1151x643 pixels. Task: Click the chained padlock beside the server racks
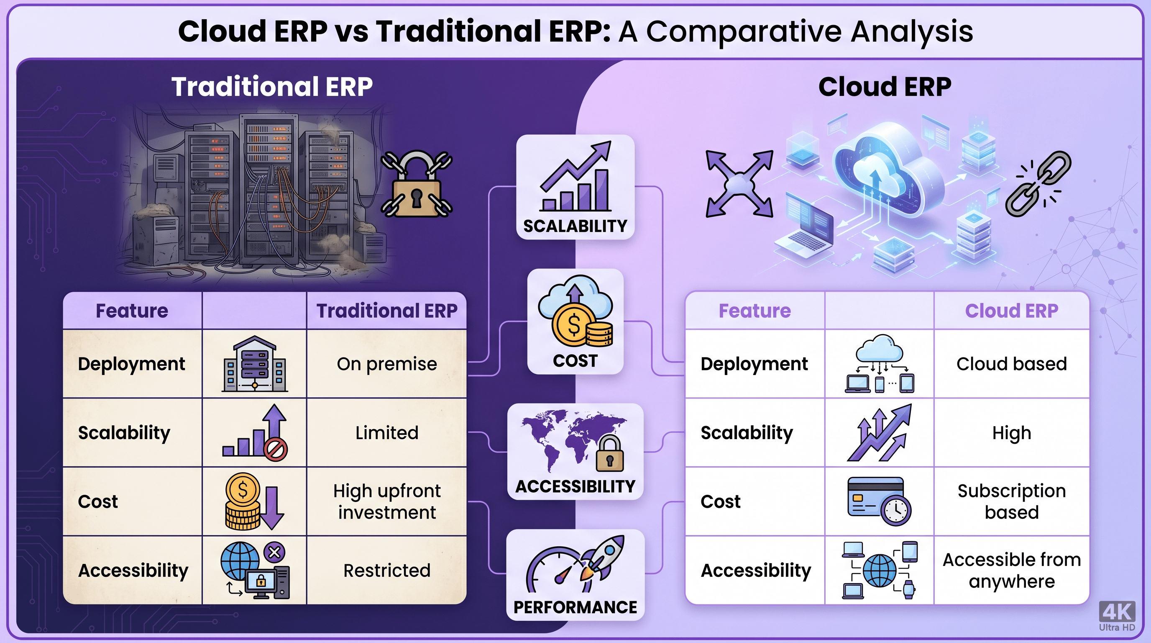point(417,184)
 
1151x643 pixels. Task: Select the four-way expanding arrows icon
point(739,184)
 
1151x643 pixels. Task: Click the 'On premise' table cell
point(387,364)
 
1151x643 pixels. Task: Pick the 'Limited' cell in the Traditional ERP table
point(387,433)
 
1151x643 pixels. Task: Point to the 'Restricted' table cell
point(387,571)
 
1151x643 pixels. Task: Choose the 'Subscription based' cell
point(1012,501)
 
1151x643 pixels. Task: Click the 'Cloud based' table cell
point(1012,364)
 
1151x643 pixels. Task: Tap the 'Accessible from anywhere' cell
point(1012,571)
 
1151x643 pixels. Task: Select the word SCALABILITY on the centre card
point(575,226)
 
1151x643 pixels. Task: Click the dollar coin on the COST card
point(574,324)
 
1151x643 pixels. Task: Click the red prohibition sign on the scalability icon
point(276,449)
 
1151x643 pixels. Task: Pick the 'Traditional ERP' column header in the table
point(387,311)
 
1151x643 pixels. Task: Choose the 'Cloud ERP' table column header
point(1012,311)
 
